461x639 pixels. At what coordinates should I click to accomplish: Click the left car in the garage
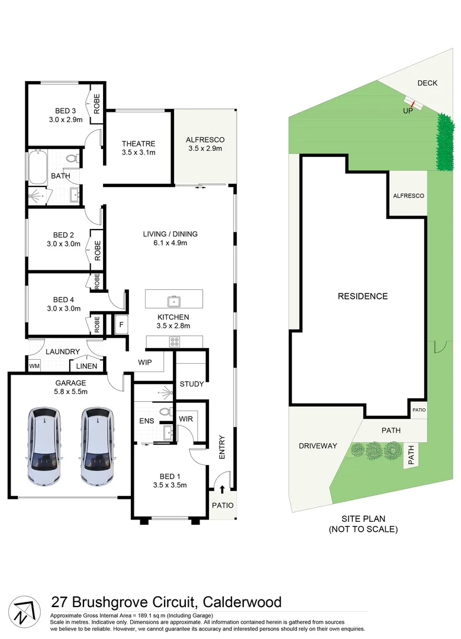44,446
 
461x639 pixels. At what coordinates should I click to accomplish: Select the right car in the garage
97,446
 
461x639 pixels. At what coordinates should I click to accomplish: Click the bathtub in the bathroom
37,166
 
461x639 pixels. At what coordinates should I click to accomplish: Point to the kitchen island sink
174,302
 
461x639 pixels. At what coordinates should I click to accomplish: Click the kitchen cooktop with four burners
175,341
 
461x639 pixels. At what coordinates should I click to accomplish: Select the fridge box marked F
121,324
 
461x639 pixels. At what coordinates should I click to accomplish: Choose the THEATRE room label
138,143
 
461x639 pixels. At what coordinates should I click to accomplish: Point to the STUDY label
191,384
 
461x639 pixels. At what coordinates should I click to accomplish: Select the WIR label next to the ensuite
186,418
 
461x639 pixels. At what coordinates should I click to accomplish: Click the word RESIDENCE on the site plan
362,296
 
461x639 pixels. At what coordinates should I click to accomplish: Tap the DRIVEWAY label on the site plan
318,446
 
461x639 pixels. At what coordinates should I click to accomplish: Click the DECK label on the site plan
427,83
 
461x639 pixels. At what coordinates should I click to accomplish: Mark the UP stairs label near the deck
408,111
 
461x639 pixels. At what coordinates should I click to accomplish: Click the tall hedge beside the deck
445,142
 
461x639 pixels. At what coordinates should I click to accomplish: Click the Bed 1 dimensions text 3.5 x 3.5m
169,485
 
